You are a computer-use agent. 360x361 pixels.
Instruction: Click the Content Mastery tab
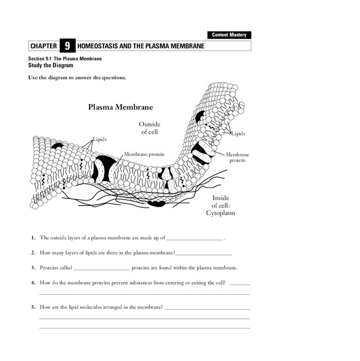pos(229,35)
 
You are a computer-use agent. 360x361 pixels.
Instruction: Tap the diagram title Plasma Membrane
pos(120,107)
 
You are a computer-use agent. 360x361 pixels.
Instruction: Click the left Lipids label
pos(100,138)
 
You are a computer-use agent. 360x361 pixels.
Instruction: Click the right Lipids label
pos(239,134)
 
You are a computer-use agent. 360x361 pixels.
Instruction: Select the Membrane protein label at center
pos(143,154)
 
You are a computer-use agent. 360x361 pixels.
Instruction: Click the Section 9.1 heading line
pos(64,58)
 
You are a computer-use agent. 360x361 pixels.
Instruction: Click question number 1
pos(34,238)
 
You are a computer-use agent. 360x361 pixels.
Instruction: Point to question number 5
pos(34,307)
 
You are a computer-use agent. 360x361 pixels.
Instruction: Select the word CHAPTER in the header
pos(43,46)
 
